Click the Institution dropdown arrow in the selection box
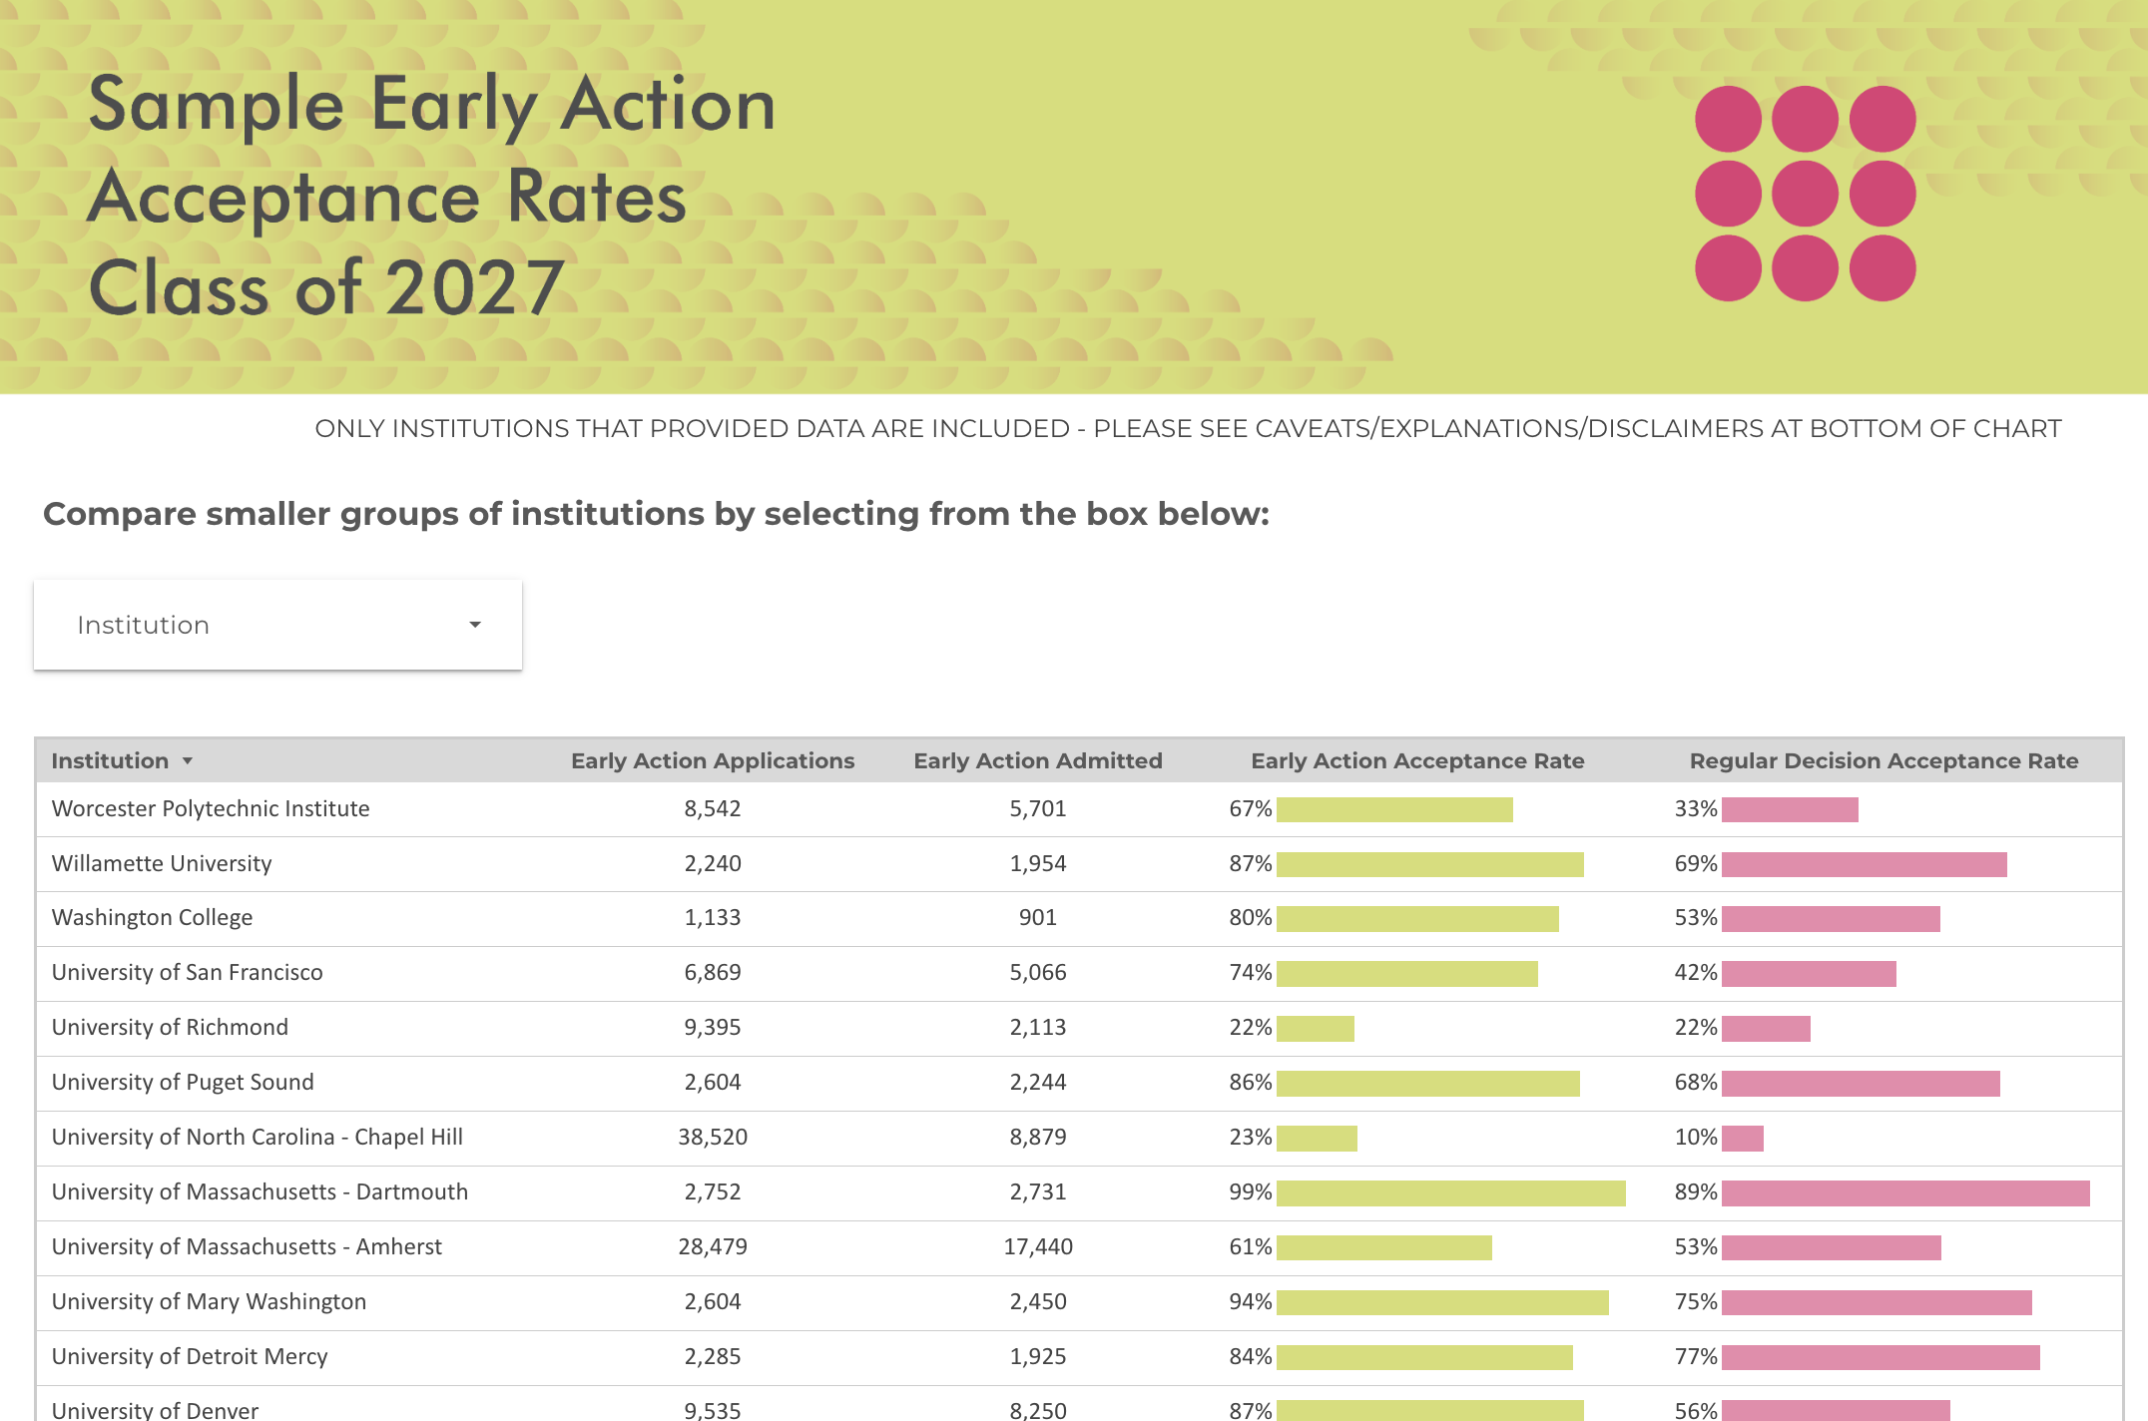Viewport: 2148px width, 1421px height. click(x=475, y=625)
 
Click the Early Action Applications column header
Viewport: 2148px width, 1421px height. click(x=712, y=760)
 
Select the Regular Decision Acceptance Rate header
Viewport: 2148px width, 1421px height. click(x=1883, y=760)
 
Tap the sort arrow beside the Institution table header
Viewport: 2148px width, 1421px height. click(x=187, y=761)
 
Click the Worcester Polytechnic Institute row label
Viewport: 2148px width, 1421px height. click(x=211, y=808)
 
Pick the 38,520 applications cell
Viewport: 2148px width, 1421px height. click(x=712, y=1137)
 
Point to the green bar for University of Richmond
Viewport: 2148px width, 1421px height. click(x=1316, y=1028)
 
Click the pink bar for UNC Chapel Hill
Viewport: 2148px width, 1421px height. click(x=1743, y=1138)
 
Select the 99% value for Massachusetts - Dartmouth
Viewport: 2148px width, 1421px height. click(x=1250, y=1191)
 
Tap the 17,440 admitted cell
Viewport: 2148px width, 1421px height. click(x=1038, y=1246)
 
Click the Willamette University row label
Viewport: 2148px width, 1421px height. click(x=162, y=863)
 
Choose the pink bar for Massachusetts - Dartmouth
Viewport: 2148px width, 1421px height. click(x=1904, y=1192)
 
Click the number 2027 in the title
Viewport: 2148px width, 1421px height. click(x=475, y=287)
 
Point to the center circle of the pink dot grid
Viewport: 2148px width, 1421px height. click(x=1805, y=194)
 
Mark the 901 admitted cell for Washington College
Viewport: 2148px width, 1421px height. click(x=1038, y=917)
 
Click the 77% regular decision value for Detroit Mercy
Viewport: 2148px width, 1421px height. click(x=1695, y=1356)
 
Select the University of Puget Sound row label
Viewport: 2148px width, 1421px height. click(x=183, y=1082)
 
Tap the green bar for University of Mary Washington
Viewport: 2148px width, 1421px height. click(x=1442, y=1302)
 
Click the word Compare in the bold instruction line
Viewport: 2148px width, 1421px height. click(x=118, y=514)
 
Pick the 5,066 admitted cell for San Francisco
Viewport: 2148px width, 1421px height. click(x=1038, y=972)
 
